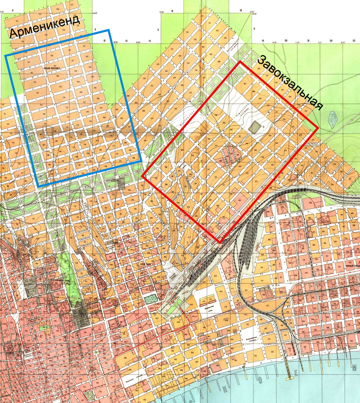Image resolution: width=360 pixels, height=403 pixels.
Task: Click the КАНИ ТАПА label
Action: click(x=145, y=264)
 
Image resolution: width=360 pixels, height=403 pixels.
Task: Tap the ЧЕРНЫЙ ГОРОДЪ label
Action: click(x=352, y=265)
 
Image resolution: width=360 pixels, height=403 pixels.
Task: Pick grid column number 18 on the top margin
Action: click(x=241, y=11)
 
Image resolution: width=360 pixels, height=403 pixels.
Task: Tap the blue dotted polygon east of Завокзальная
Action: click(x=333, y=119)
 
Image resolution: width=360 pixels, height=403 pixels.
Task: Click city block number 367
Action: click(x=245, y=84)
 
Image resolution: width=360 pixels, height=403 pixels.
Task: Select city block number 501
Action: click(x=246, y=290)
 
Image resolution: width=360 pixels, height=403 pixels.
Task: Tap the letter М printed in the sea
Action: click(x=354, y=368)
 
